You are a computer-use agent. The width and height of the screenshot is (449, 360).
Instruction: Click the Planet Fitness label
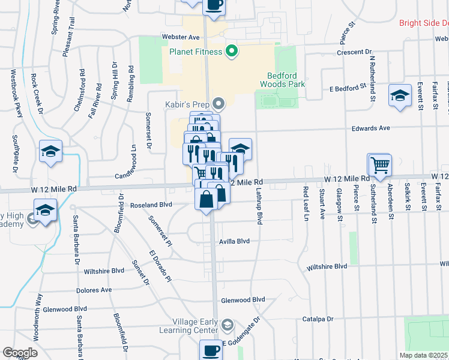pyautogui.click(x=195, y=52)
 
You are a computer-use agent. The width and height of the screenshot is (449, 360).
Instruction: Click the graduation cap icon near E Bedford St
pyautogui.click(x=399, y=95)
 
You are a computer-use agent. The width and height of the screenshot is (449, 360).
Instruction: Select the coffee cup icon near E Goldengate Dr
pyautogui.click(x=210, y=349)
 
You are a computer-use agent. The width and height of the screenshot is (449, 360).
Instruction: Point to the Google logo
pyautogui.click(x=20, y=352)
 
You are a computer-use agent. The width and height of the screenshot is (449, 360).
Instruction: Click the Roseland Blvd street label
pyautogui.click(x=151, y=205)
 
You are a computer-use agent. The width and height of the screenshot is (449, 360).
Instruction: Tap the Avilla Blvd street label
pyautogui.click(x=235, y=242)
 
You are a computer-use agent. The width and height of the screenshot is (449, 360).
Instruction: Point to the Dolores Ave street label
pyautogui.click(x=94, y=290)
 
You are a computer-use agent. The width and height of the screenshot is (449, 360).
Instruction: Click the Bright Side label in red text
pyautogui.click(x=424, y=23)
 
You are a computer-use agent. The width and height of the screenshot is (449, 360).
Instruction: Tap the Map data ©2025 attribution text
pyautogui.click(x=423, y=355)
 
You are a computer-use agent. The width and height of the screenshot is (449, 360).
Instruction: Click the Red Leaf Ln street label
pyautogui.click(x=306, y=203)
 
